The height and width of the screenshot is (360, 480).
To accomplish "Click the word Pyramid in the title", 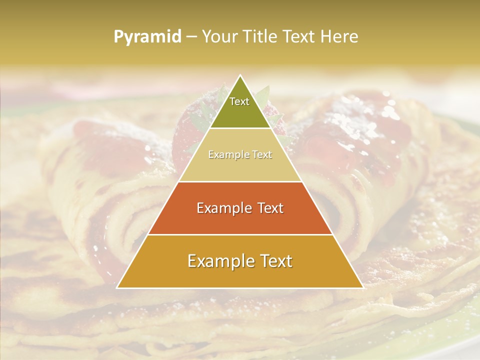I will coord(147,37).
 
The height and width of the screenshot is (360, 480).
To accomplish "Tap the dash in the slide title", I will coord(191,37).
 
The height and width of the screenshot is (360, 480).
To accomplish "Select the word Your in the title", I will coord(218,37).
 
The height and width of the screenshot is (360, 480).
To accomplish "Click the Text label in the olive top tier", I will coord(239,101).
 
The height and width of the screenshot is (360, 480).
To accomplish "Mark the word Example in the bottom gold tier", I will coord(218,261).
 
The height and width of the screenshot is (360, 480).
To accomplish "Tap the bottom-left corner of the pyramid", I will coord(117,288).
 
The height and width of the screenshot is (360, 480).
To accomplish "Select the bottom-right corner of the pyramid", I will coord(363,288).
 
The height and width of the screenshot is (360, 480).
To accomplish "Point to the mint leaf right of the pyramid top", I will coord(264,94).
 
